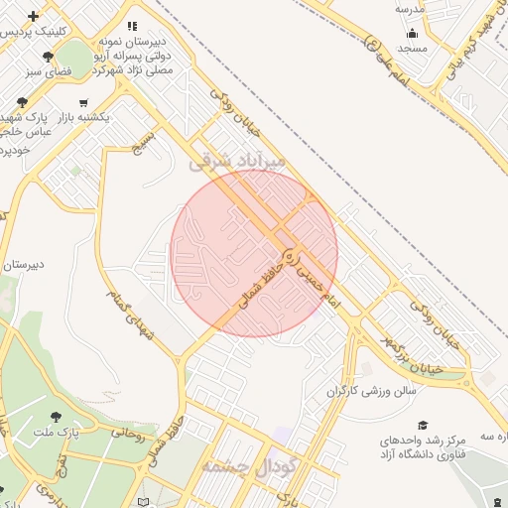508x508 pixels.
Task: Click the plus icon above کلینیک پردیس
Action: click(x=35, y=17)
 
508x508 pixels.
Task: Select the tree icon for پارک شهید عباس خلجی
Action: click(x=23, y=102)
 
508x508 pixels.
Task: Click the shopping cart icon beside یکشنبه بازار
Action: click(x=82, y=102)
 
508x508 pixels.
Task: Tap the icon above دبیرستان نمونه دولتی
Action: click(x=133, y=26)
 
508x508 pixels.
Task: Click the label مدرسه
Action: click(x=410, y=9)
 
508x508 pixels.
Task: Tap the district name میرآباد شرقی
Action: click(x=237, y=160)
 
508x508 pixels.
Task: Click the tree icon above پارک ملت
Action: click(x=55, y=417)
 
